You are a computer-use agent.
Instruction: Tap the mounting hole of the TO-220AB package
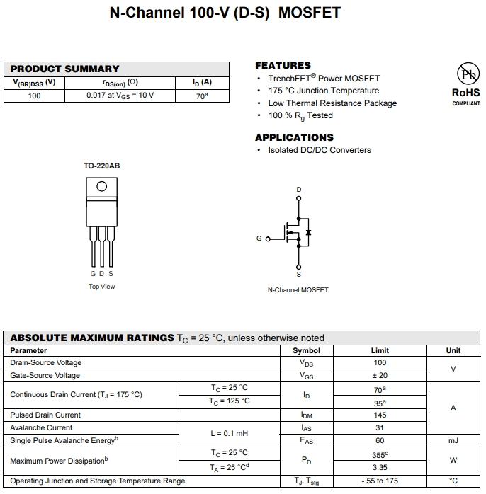point(102,186)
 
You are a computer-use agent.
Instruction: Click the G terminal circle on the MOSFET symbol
point(268,239)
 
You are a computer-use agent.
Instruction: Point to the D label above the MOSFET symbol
point(298,190)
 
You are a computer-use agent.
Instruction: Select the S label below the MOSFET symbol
point(298,274)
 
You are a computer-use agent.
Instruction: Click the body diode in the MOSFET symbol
point(308,232)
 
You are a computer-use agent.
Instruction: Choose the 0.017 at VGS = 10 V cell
point(120,96)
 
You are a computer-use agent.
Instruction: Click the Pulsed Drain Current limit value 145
point(380,415)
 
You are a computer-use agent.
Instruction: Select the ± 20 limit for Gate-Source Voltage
point(380,376)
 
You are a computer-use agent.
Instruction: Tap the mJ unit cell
point(453,440)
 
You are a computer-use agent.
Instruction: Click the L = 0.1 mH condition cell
point(229,434)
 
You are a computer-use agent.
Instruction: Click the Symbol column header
point(306,350)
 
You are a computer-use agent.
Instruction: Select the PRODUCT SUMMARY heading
point(65,69)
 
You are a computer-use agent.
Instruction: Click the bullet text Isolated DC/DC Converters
point(320,150)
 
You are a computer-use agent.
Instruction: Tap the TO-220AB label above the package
point(102,166)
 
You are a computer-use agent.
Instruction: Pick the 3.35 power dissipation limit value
point(380,467)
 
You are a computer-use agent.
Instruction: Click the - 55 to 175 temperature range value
point(380,481)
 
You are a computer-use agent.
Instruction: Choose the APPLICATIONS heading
point(294,137)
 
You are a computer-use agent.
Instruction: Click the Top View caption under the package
point(101,287)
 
